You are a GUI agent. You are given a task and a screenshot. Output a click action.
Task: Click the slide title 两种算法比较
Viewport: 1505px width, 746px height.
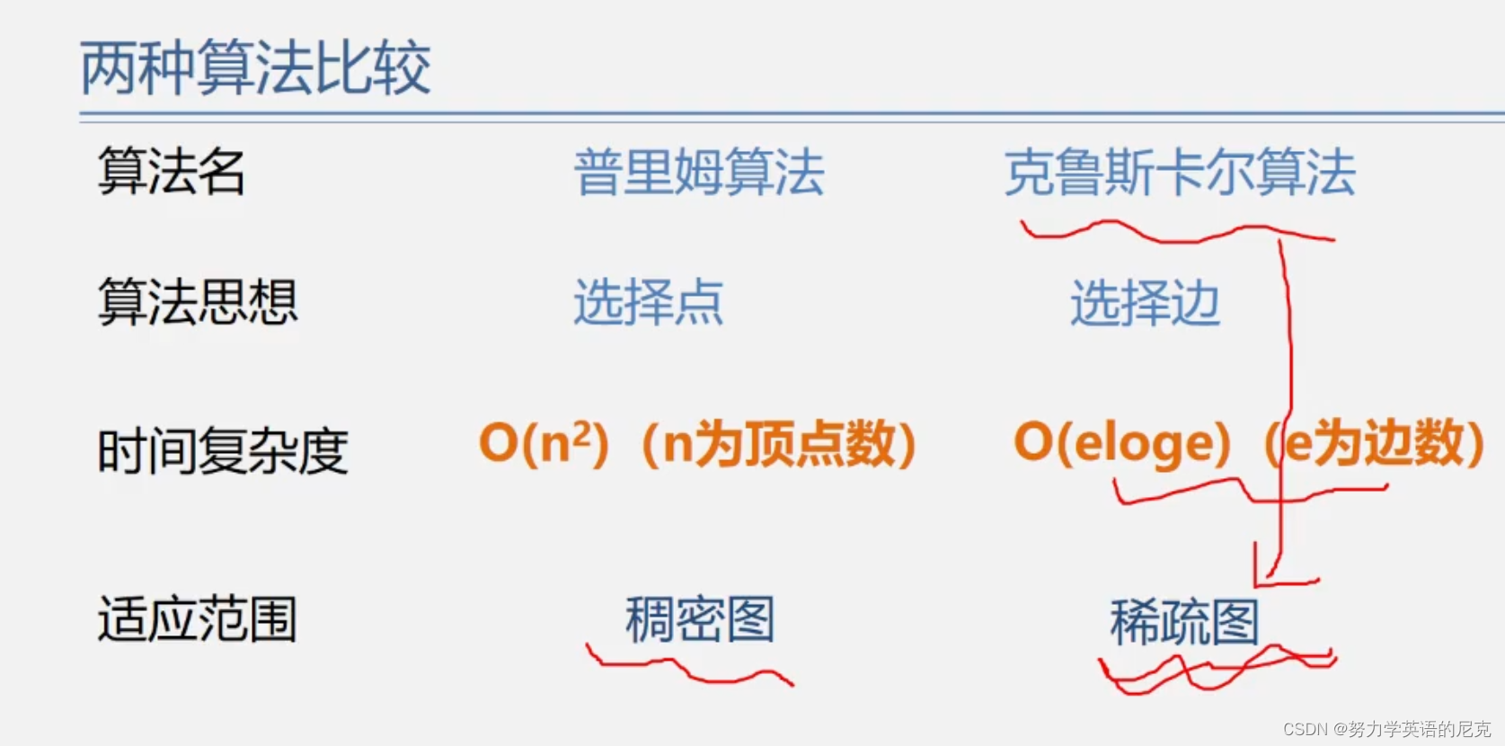[255, 68]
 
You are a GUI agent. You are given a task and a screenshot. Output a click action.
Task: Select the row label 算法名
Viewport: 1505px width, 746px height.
[171, 171]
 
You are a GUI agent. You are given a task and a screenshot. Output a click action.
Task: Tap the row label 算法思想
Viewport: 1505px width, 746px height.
[197, 302]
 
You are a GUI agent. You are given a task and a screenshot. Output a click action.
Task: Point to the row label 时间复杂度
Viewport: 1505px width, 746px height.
[222, 450]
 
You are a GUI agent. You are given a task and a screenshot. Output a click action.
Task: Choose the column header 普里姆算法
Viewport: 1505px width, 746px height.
[698, 172]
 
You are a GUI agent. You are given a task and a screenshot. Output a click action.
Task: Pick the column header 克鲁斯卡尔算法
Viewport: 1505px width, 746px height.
[1179, 172]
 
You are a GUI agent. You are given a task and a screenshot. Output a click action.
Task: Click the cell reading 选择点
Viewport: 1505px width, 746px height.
[648, 302]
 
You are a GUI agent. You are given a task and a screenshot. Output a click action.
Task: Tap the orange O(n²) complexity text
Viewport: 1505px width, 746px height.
[544, 443]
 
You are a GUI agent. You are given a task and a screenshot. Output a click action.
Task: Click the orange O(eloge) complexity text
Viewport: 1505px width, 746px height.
[1121, 443]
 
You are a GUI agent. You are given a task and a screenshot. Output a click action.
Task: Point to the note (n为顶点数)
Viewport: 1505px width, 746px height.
[778, 444]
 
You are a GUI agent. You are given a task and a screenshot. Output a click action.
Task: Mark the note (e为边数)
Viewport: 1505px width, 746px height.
[1375, 444]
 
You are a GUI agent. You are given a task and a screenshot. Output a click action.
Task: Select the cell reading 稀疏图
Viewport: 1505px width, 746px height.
[1184, 621]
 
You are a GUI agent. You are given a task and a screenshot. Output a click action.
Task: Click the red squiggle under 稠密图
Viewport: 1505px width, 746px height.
[687, 670]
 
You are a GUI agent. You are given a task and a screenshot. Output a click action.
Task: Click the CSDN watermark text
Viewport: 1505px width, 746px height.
[1386, 729]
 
